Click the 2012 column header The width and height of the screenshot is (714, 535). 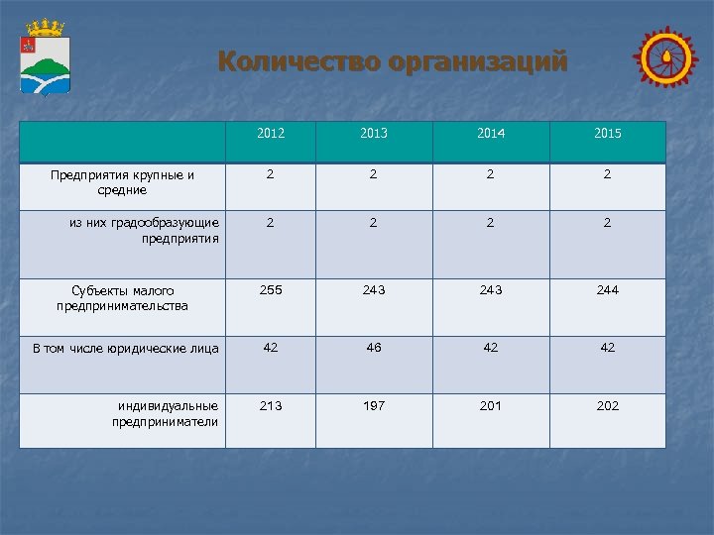271,133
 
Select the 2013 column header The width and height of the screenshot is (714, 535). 374,133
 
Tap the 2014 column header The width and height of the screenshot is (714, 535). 491,133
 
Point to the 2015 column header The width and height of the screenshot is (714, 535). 608,133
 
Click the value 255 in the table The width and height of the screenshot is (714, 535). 271,290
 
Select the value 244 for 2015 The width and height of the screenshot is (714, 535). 608,290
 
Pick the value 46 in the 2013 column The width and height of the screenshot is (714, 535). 374,348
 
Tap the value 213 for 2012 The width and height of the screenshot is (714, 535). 271,405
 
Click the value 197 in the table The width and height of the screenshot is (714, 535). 374,405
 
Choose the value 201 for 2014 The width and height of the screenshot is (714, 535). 491,405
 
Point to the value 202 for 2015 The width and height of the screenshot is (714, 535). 608,405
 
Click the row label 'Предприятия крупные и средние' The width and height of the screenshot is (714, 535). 122,182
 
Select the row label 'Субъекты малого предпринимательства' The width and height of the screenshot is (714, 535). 122,298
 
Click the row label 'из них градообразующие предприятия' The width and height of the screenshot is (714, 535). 144,231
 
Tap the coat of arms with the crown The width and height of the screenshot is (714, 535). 45,58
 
